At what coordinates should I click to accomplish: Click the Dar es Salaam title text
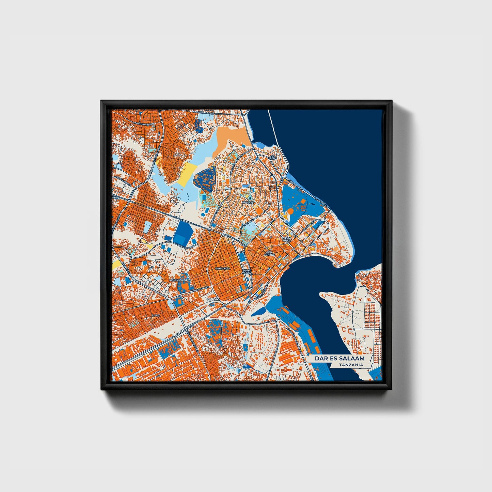click(339, 359)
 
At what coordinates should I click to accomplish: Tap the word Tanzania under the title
click(351, 365)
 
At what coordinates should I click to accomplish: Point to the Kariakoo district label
click(222, 269)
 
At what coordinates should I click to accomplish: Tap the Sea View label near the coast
click(272, 158)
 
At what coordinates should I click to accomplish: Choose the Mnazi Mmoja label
click(247, 271)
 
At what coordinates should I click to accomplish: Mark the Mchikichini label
click(177, 280)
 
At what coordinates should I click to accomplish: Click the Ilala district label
click(156, 315)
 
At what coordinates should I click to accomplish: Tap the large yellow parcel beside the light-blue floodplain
click(189, 174)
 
